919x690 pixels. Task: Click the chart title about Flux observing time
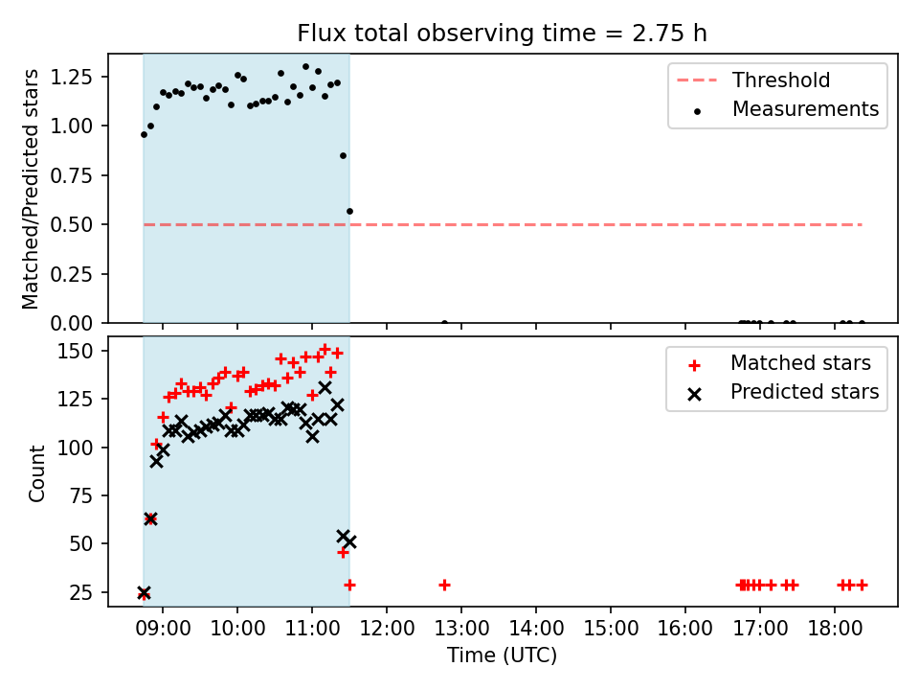coord(502,33)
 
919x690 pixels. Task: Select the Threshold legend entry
coord(753,80)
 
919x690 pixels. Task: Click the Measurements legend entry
coord(785,109)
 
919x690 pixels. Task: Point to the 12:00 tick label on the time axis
coord(387,629)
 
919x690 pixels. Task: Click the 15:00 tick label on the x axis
coord(611,629)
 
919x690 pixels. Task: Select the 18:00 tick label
coord(835,629)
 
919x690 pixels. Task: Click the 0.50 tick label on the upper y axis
coord(72,224)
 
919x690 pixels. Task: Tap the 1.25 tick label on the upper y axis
coord(72,77)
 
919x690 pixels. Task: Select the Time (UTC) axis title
coord(503,655)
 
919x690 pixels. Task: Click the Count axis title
coord(36,473)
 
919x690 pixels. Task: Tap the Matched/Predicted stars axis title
coord(30,189)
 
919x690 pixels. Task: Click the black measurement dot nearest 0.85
coord(343,155)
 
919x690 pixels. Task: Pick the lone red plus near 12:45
coord(444,585)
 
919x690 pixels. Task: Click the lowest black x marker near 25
coord(144,592)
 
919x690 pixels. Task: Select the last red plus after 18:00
coord(862,585)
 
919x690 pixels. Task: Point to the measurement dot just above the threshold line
coord(349,211)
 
